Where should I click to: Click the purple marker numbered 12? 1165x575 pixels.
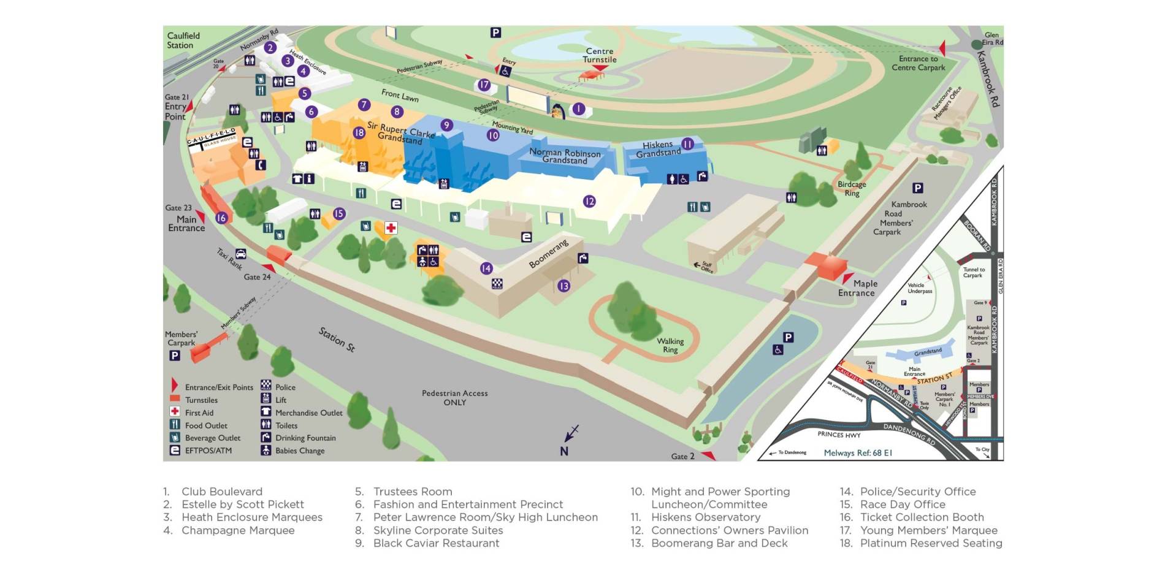(x=589, y=201)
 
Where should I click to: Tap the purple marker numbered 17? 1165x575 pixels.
(x=484, y=85)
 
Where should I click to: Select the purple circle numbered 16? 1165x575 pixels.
(x=221, y=218)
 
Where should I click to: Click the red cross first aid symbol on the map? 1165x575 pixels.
(x=391, y=228)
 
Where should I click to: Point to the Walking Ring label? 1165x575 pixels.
(x=670, y=345)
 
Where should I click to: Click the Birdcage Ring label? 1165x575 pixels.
(x=852, y=188)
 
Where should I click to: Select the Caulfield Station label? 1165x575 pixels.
(x=183, y=40)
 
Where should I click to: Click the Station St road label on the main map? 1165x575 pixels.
(x=337, y=339)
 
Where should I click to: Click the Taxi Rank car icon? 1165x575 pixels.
(x=241, y=253)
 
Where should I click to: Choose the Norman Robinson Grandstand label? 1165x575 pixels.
(x=565, y=156)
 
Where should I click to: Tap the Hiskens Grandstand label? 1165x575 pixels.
(x=658, y=149)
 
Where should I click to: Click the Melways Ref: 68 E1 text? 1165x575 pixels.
(x=858, y=453)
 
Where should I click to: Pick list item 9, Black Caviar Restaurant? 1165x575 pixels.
(x=436, y=543)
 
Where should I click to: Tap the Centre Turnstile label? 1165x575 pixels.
(x=599, y=55)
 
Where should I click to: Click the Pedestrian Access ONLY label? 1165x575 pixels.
(x=454, y=398)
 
